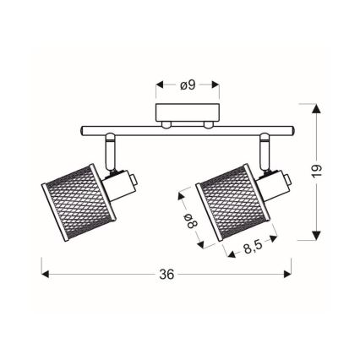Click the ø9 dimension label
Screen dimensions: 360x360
coord(188,85)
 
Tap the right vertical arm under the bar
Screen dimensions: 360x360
coord(265,150)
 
